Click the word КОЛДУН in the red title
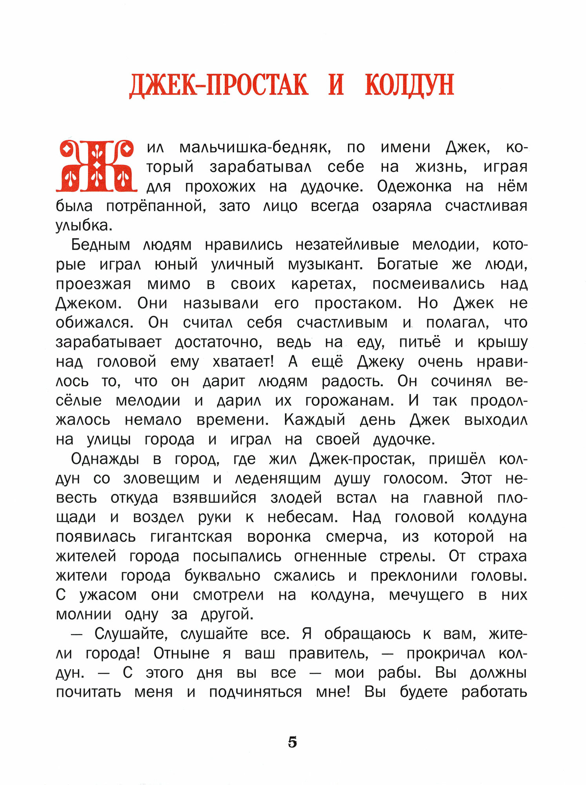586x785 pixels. [409, 85]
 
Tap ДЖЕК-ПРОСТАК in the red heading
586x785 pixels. [219, 85]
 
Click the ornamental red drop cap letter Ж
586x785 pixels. [96, 166]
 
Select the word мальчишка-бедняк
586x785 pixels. [255, 148]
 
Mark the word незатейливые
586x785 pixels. [347, 245]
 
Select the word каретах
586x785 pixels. [324, 284]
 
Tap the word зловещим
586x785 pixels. [161, 479]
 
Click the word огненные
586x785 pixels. [330, 557]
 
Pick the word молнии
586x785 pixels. [84, 615]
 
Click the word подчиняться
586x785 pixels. [255, 692]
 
